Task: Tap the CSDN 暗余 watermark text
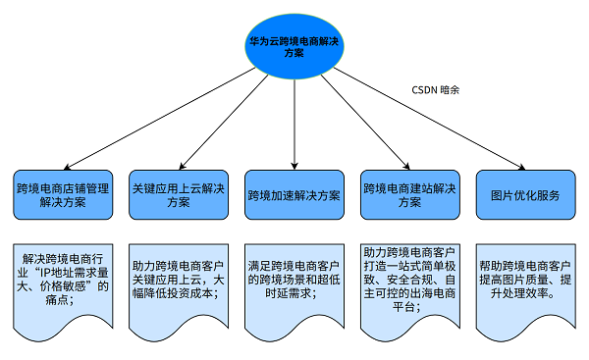tap(435, 89)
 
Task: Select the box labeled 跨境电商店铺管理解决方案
tap(64, 193)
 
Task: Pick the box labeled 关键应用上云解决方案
tap(179, 193)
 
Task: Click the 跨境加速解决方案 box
tap(294, 194)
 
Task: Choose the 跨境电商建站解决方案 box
tap(409, 193)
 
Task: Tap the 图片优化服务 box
tap(524, 194)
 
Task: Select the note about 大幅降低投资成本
tap(179, 280)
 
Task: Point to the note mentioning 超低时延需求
tap(294, 280)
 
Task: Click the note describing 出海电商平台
tap(409, 280)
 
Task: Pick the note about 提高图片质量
tap(524, 280)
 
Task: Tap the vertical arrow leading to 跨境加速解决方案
tap(294, 123)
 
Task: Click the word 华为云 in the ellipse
tap(263, 40)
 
